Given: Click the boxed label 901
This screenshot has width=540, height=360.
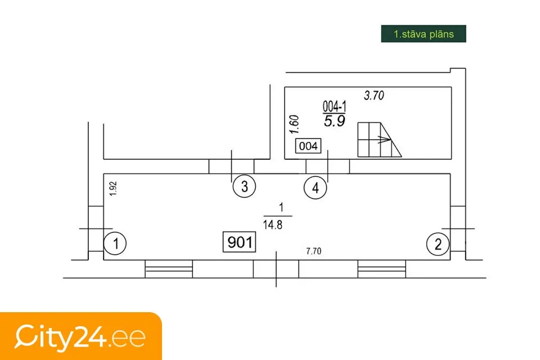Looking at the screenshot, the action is point(240,242).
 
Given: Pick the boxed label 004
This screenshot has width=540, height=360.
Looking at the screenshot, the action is point(308,146).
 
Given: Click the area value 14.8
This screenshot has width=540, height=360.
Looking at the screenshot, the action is point(273,225).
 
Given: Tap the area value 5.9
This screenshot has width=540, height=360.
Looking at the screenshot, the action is point(334,121).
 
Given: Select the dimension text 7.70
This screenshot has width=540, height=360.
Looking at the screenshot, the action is point(314,251).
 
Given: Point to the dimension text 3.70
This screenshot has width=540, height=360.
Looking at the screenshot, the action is point(374,96).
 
